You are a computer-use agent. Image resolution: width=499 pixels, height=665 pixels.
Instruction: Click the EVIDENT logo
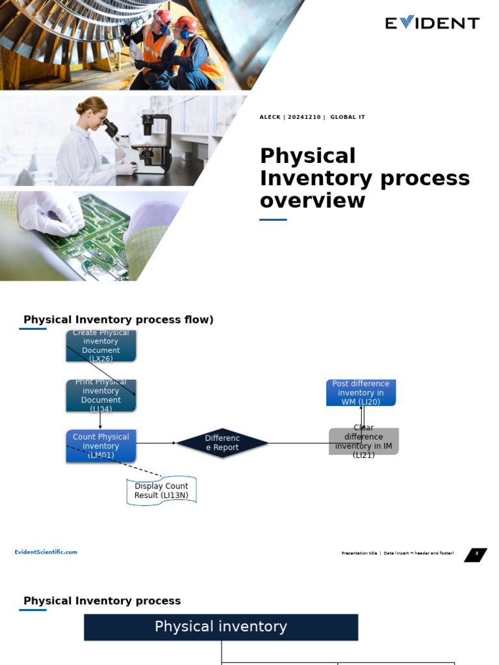click(432, 23)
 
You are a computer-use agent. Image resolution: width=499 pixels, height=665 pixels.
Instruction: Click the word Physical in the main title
click(307, 157)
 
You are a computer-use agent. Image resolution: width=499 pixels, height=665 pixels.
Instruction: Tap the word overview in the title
click(312, 201)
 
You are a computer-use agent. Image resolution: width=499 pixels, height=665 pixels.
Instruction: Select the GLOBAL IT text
click(348, 118)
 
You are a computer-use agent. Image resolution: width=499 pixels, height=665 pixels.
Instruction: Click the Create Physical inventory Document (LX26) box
click(101, 345)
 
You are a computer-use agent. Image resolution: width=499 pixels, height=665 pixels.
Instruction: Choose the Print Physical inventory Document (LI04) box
click(101, 395)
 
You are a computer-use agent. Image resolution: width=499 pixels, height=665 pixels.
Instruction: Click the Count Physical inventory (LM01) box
click(101, 445)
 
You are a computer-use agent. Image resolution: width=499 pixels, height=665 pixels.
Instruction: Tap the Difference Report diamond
click(222, 443)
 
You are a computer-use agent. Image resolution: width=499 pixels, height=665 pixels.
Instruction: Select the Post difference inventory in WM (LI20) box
click(361, 393)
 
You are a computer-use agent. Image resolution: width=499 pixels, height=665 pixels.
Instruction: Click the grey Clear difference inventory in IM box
click(363, 442)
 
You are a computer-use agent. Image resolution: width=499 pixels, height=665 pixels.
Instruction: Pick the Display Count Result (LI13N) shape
click(161, 491)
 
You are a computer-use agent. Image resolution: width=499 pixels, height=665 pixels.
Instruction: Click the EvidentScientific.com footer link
click(46, 552)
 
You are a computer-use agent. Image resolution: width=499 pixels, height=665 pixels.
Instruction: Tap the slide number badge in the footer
click(476, 555)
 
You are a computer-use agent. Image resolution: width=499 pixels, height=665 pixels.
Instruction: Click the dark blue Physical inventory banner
click(221, 627)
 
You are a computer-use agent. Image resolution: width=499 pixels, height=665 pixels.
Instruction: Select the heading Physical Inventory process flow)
click(118, 320)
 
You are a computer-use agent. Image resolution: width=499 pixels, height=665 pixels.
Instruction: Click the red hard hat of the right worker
click(186, 23)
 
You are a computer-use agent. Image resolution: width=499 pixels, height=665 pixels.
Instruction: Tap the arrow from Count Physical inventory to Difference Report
click(156, 443)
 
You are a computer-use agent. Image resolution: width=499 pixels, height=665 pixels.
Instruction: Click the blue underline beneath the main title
click(273, 220)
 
